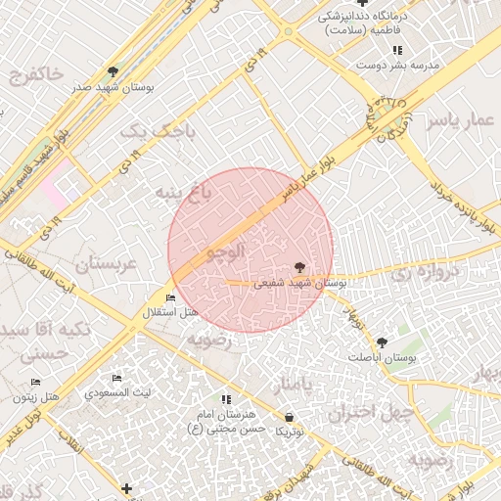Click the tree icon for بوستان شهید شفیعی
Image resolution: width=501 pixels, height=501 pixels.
pos(298,267)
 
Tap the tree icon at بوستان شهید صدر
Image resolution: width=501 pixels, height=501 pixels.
pos(114,72)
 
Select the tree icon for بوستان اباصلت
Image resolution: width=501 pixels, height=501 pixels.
pos(381,342)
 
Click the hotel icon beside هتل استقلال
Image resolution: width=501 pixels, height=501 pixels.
pos(171,297)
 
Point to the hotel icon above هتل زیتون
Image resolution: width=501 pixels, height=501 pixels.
pos(35,382)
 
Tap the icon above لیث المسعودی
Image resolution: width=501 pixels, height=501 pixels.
pos(116,379)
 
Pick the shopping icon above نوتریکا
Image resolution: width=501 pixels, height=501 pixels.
pos(289,417)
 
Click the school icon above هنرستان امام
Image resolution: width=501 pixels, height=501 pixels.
pos(227,399)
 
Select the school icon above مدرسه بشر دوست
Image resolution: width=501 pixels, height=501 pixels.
pos(397,50)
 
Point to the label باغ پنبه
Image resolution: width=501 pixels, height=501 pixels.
pos(183,192)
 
